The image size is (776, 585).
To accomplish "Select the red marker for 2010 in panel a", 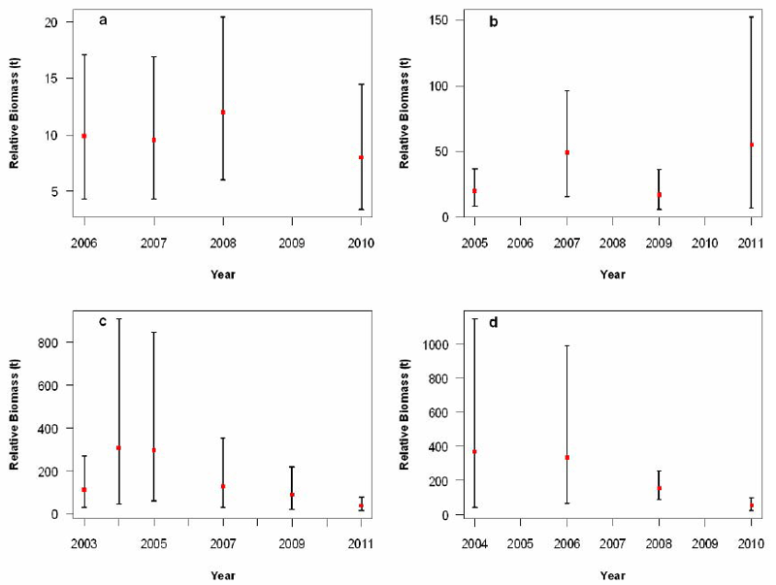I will click(x=362, y=157).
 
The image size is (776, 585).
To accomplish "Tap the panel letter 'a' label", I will click(x=103, y=19).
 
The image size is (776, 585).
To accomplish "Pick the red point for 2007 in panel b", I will click(x=566, y=152).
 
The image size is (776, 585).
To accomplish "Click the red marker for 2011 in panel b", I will click(x=751, y=145).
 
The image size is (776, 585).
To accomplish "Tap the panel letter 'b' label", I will click(x=494, y=20).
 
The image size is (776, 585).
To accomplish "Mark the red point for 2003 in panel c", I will click(x=84, y=490).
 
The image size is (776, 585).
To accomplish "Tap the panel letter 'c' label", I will click(x=102, y=321).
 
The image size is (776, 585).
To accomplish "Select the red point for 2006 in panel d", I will click(x=566, y=458).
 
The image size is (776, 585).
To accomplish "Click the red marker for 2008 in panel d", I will click(x=659, y=489).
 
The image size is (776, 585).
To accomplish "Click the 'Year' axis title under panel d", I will click(x=612, y=574).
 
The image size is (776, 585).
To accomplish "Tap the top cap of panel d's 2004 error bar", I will click(x=474, y=318).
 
